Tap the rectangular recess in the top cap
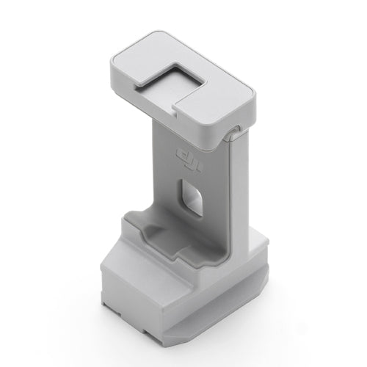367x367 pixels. (x=170, y=80)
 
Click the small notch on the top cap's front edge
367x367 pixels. (x=174, y=112)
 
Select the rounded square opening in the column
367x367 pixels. (x=192, y=197)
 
